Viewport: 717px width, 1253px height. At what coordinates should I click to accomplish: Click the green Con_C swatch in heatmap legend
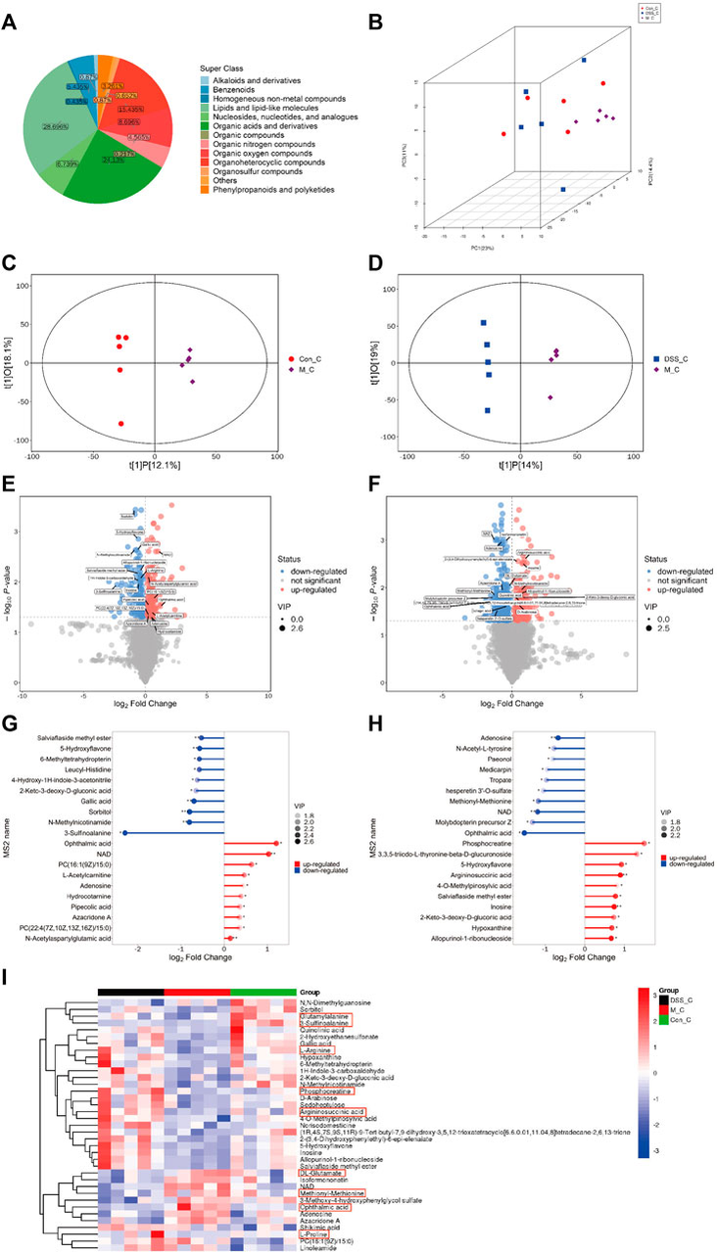649,1045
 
